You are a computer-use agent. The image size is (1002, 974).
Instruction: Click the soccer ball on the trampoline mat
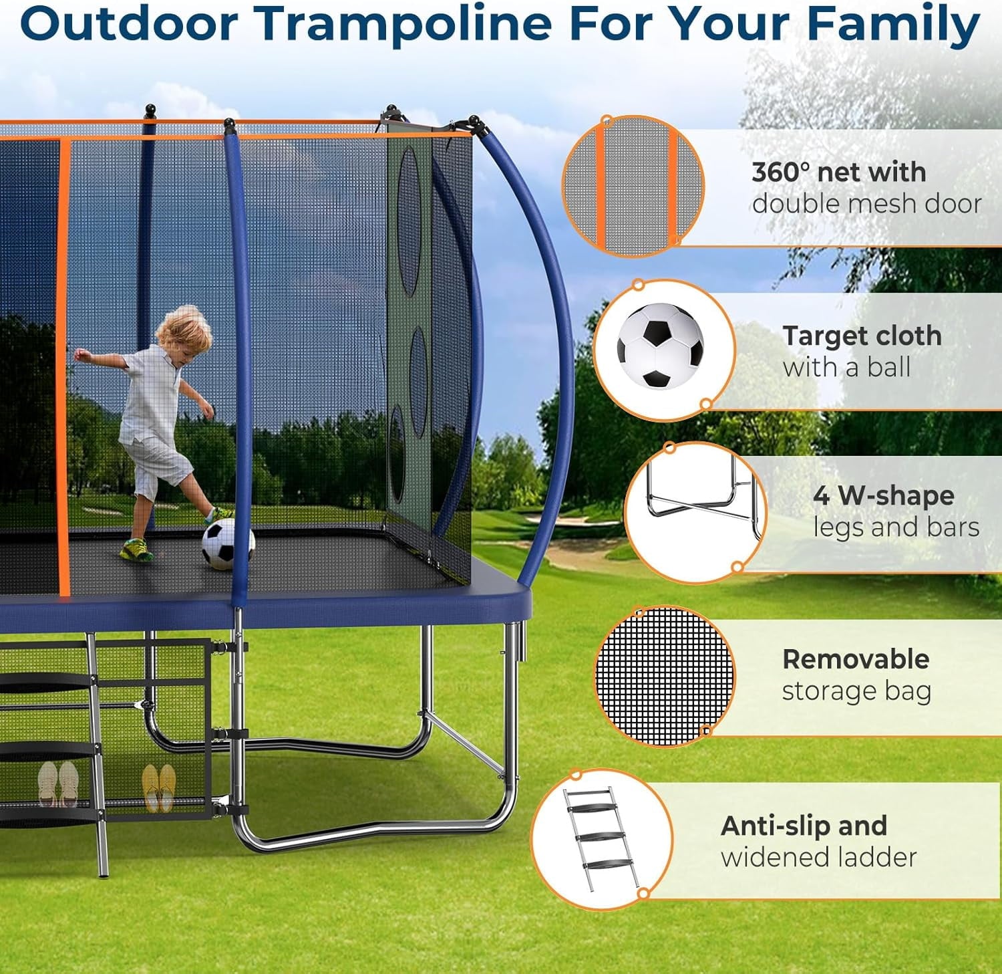[228, 544]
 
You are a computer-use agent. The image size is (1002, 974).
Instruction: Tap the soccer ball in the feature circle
[660, 346]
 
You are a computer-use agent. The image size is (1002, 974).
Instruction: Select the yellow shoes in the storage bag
[159, 787]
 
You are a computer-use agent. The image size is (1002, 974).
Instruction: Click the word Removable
[856, 659]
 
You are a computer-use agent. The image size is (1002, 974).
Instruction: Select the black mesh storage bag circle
[664, 676]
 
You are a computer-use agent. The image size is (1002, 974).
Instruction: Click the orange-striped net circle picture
[633, 185]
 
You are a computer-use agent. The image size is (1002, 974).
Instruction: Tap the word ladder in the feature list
[877, 857]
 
